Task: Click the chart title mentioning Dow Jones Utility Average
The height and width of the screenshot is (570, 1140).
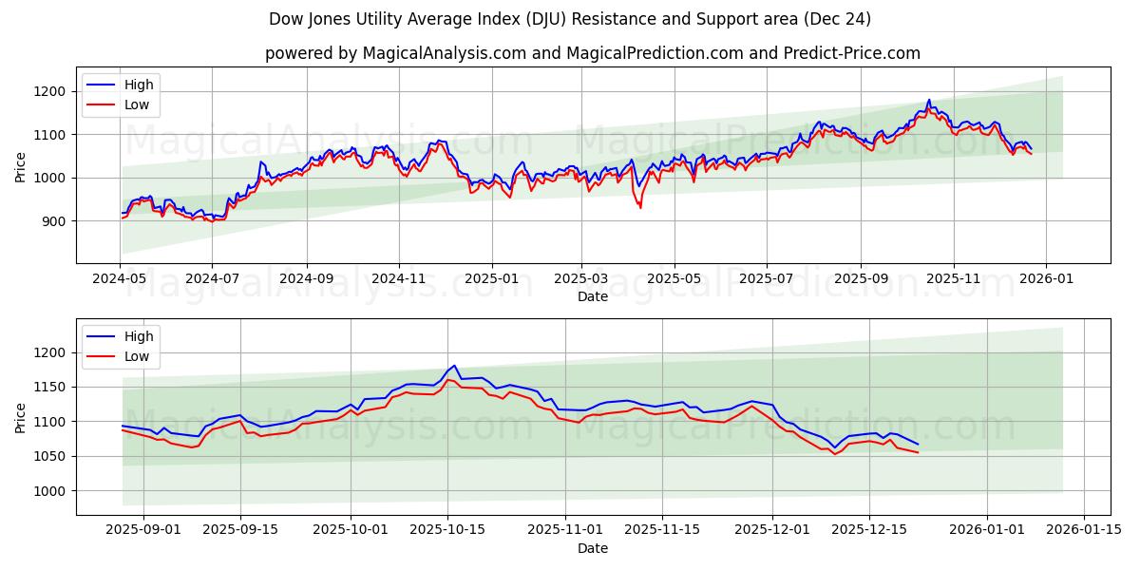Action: [x=570, y=19]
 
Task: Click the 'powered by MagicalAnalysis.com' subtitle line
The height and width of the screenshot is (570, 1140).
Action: [x=593, y=53]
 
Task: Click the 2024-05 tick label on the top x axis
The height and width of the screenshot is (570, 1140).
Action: [x=120, y=280]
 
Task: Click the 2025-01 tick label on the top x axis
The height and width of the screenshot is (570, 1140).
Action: [x=491, y=280]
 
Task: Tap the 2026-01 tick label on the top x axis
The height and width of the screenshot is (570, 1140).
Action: [x=1046, y=280]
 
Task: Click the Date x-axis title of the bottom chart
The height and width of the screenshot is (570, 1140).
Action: [x=593, y=548]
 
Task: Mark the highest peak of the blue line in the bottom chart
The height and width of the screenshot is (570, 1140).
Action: [x=454, y=365]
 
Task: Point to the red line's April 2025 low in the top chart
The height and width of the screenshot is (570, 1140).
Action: [x=640, y=208]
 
